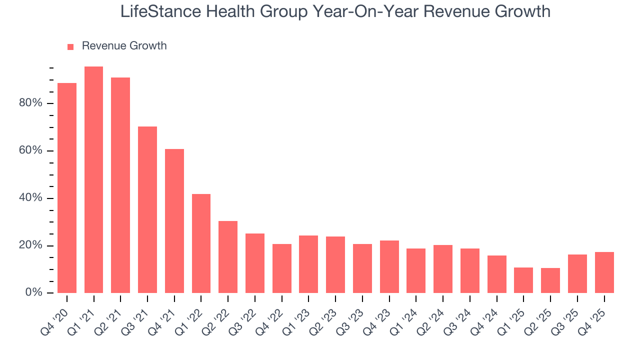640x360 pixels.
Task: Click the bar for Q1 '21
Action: click(94, 180)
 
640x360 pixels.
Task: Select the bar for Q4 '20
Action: click(67, 188)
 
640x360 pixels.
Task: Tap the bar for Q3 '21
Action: click(147, 210)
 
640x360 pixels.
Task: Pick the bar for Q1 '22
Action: click(201, 243)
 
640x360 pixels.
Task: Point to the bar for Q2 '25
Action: click(550, 280)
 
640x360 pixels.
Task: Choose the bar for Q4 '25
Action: click(604, 272)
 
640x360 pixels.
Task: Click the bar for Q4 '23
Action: click(389, 267)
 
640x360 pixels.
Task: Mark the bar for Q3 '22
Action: click(255, 263)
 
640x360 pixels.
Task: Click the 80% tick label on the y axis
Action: click(30, 103)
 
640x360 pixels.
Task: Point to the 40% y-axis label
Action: click(30, 198)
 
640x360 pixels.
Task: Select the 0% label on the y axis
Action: click(33, 293)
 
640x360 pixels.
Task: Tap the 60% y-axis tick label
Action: click(30, 150)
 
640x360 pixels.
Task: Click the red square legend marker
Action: click(70, 46)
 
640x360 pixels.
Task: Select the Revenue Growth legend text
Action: click(124, 46)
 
